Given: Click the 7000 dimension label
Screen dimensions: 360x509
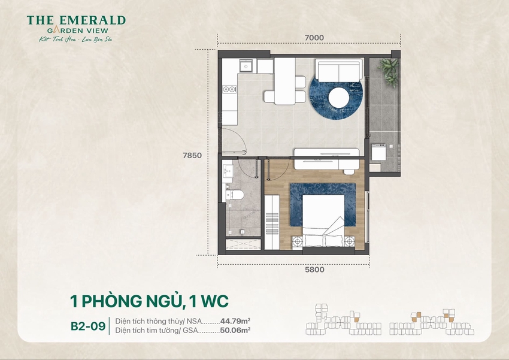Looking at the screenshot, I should coord(314,38).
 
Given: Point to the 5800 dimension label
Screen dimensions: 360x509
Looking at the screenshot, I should coord(314,270).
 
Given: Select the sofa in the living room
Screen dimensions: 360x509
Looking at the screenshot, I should coord(339,71).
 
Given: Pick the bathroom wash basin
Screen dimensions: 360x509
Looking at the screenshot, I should coord(228,171).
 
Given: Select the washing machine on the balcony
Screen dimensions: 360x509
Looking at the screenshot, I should coord(378,153).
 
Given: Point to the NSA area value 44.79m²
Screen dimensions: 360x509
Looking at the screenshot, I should coord(235,320).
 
